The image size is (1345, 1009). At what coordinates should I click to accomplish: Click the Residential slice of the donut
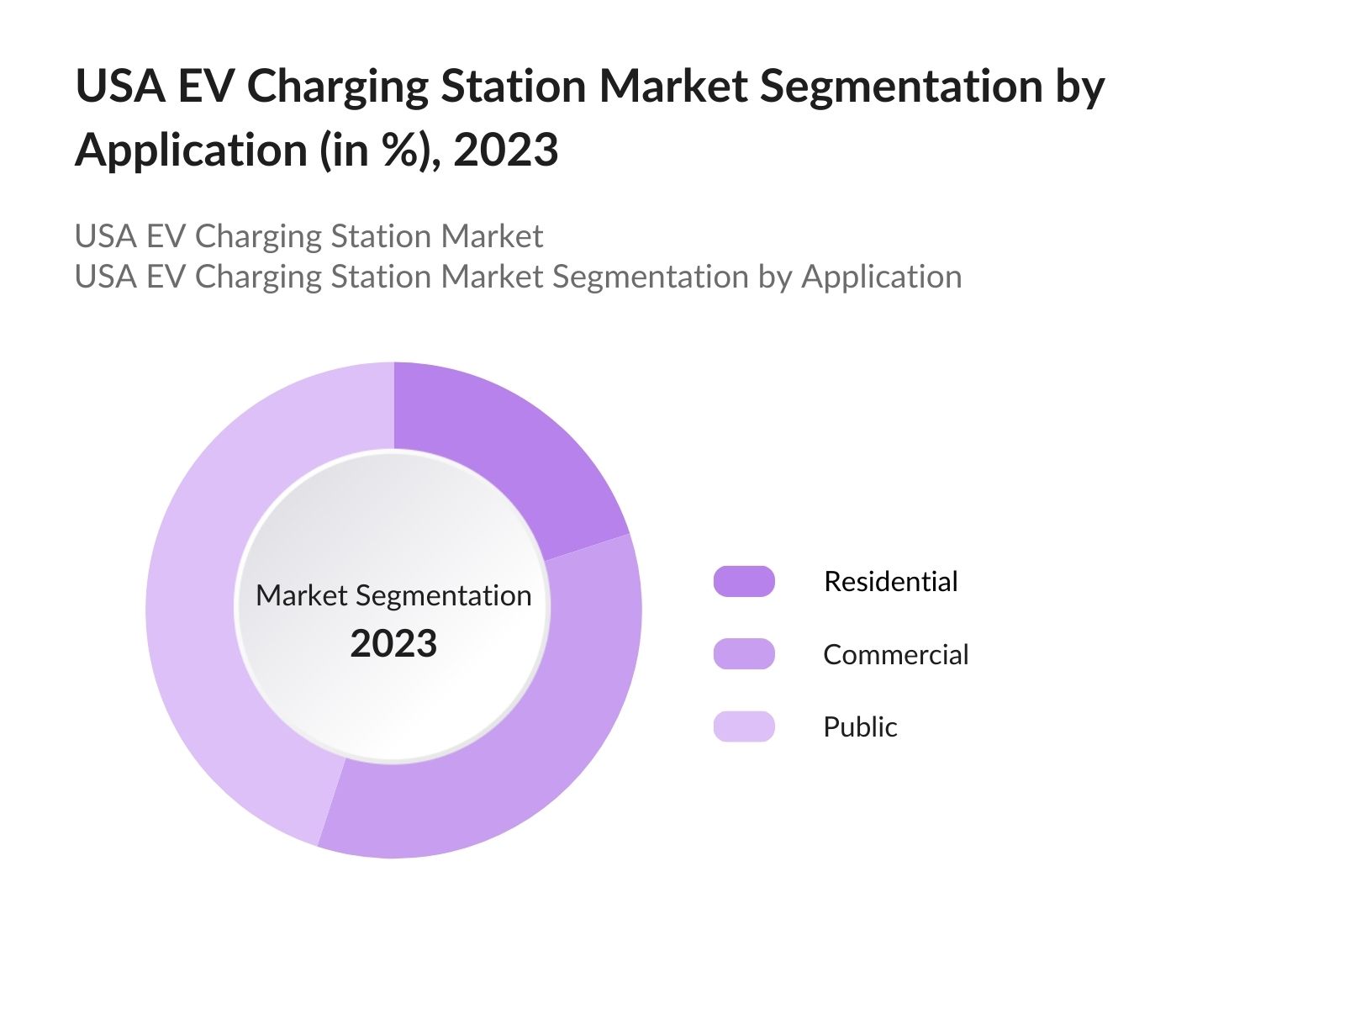click(496, 454)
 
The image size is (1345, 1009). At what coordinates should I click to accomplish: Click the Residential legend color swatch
click(744, 582)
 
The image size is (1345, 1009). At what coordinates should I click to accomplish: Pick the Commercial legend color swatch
click(744, 654)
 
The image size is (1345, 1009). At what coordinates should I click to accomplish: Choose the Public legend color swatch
click(744, 726)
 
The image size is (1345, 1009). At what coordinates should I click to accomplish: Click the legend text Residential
click(890, 582)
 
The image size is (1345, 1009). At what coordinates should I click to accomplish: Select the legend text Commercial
click(895, 654)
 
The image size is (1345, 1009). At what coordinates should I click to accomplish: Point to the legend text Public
click(860, 726)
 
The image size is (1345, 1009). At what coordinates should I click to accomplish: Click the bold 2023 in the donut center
click(393, 644)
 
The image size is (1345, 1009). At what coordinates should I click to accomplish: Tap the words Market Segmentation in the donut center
click(393, 595)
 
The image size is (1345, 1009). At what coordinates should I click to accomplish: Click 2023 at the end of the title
click(505, 151)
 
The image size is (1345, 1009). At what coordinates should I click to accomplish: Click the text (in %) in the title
click(379, 151)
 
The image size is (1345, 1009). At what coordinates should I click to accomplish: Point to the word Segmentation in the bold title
click(900, 87)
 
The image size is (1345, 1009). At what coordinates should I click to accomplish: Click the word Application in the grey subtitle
click(881, 277)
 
